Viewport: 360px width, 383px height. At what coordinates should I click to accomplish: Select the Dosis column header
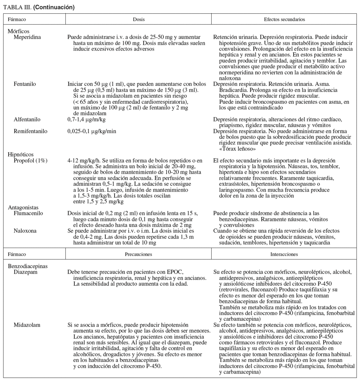coord(139,19)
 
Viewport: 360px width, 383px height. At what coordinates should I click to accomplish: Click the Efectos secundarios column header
coord(284,19)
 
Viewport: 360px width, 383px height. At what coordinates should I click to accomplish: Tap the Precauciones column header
coord(139,254)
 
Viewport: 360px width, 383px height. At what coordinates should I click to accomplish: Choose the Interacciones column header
coord(284,254)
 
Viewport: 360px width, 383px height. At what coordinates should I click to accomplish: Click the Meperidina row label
coord(27,37)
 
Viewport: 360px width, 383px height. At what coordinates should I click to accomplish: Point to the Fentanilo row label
coord(25,84)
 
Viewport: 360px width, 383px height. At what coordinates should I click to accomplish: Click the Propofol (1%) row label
coord(31,160)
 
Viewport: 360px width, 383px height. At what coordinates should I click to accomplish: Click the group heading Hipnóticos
coord(20,155)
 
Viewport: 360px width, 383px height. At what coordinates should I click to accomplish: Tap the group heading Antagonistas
coord(23,208)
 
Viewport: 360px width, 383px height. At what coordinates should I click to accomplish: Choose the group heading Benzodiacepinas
coord(27,266)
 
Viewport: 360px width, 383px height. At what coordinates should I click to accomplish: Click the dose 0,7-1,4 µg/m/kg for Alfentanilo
coord(86,120)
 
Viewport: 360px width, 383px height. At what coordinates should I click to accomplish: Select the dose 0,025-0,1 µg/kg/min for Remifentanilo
coord(92,131)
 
